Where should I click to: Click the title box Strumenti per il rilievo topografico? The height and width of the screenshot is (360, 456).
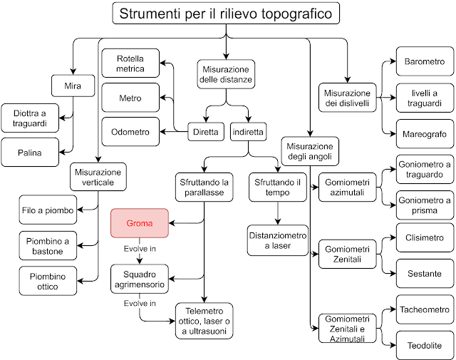(x=225, y=14)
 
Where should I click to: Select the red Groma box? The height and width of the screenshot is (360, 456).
(x=139, y=223)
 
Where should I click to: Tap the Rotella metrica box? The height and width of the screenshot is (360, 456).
(x=131, y=63)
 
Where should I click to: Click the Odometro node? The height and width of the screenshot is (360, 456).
(x=131, y=132)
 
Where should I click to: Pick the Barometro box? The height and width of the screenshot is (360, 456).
(x=424, y=62)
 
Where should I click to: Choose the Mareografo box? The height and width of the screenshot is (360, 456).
(x=424, y=133)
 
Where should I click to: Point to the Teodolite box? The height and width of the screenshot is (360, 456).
(x=424, y=345)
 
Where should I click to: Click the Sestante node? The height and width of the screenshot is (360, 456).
(x=424, y=273)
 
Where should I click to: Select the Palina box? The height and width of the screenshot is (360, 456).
(x=30, y=153)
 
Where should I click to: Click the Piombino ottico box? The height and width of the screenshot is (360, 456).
(x=48, y=281)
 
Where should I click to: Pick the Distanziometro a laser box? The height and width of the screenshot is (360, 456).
(x=278, y=240)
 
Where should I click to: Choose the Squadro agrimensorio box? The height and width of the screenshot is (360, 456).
(x=139, y=278)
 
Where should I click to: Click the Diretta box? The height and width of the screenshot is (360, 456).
(x=207, y=132)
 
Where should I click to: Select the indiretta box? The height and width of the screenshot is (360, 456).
(x=249, y=132)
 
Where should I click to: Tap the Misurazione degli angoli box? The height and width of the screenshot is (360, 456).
(x=311, y=150)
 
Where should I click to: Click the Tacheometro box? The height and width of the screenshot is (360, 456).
(x=424, y=309)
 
